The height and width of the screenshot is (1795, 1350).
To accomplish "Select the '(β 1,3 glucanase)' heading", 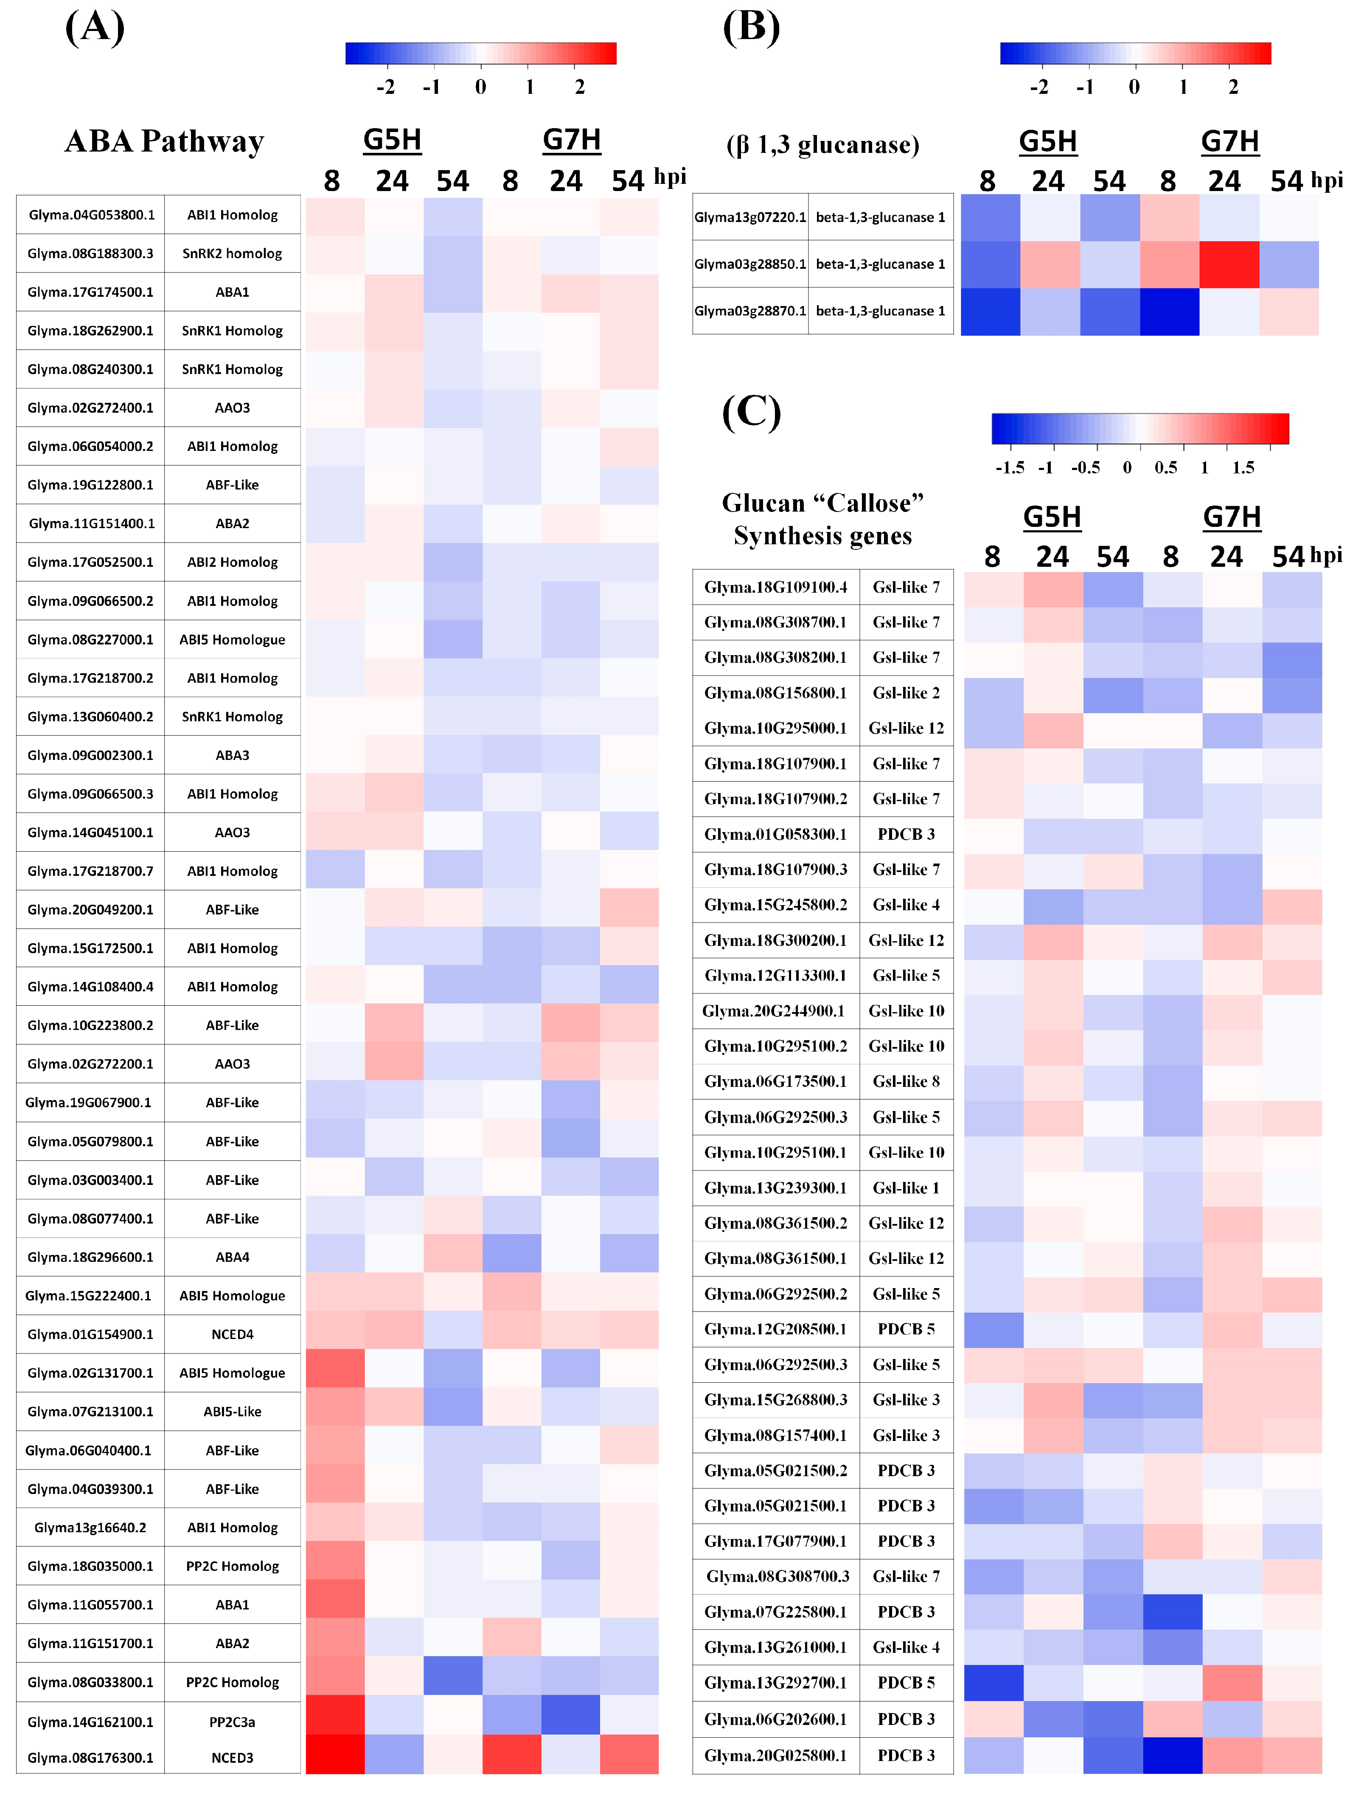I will [x=822, y=145].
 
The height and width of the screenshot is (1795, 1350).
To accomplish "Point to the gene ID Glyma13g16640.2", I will [x=90, y=1527].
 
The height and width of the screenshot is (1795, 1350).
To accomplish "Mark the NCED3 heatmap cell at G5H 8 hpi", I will [x=335, y=1754].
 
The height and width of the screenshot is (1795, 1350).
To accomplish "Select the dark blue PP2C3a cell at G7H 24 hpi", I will [x=570, y=1717].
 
